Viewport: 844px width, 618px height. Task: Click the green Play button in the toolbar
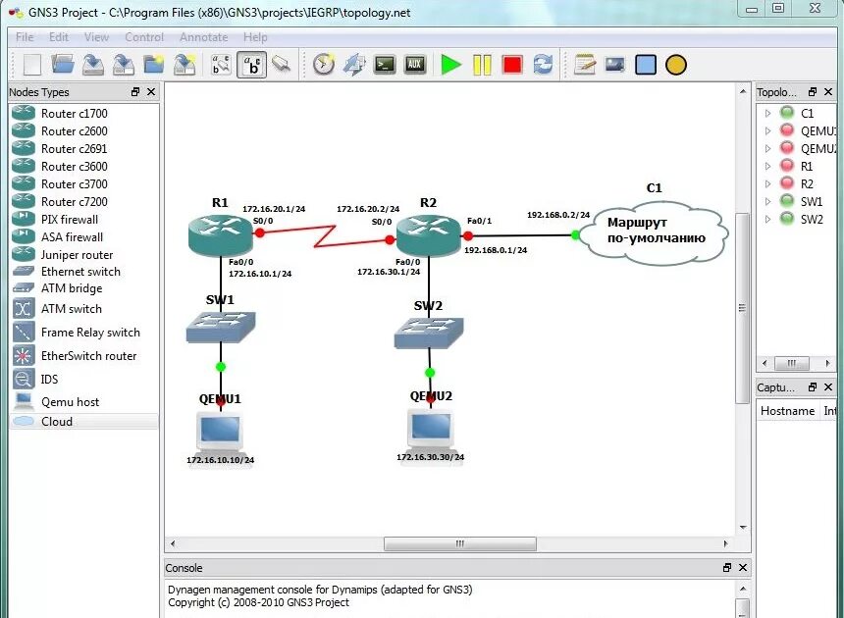(450, 65)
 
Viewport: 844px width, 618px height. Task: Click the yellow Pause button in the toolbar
(481, 65)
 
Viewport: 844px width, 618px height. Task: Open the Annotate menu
(203, 37)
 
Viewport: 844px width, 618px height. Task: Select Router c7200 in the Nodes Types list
(74, 201)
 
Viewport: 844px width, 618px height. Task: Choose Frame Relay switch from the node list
(90, 333)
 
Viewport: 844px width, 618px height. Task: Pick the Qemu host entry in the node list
(70, 401)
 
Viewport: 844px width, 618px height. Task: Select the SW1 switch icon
(221, 326)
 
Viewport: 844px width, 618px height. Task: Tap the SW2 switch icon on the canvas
(429, 333)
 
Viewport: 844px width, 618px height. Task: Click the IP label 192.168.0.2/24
(558, 215)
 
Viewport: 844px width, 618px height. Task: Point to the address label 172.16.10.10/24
(221, 459)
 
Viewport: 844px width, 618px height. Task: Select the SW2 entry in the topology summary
(812, 219)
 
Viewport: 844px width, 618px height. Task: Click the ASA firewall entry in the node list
(72, 236)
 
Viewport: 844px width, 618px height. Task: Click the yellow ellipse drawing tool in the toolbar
(675, 65)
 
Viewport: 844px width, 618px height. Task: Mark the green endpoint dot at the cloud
(575, 234)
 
